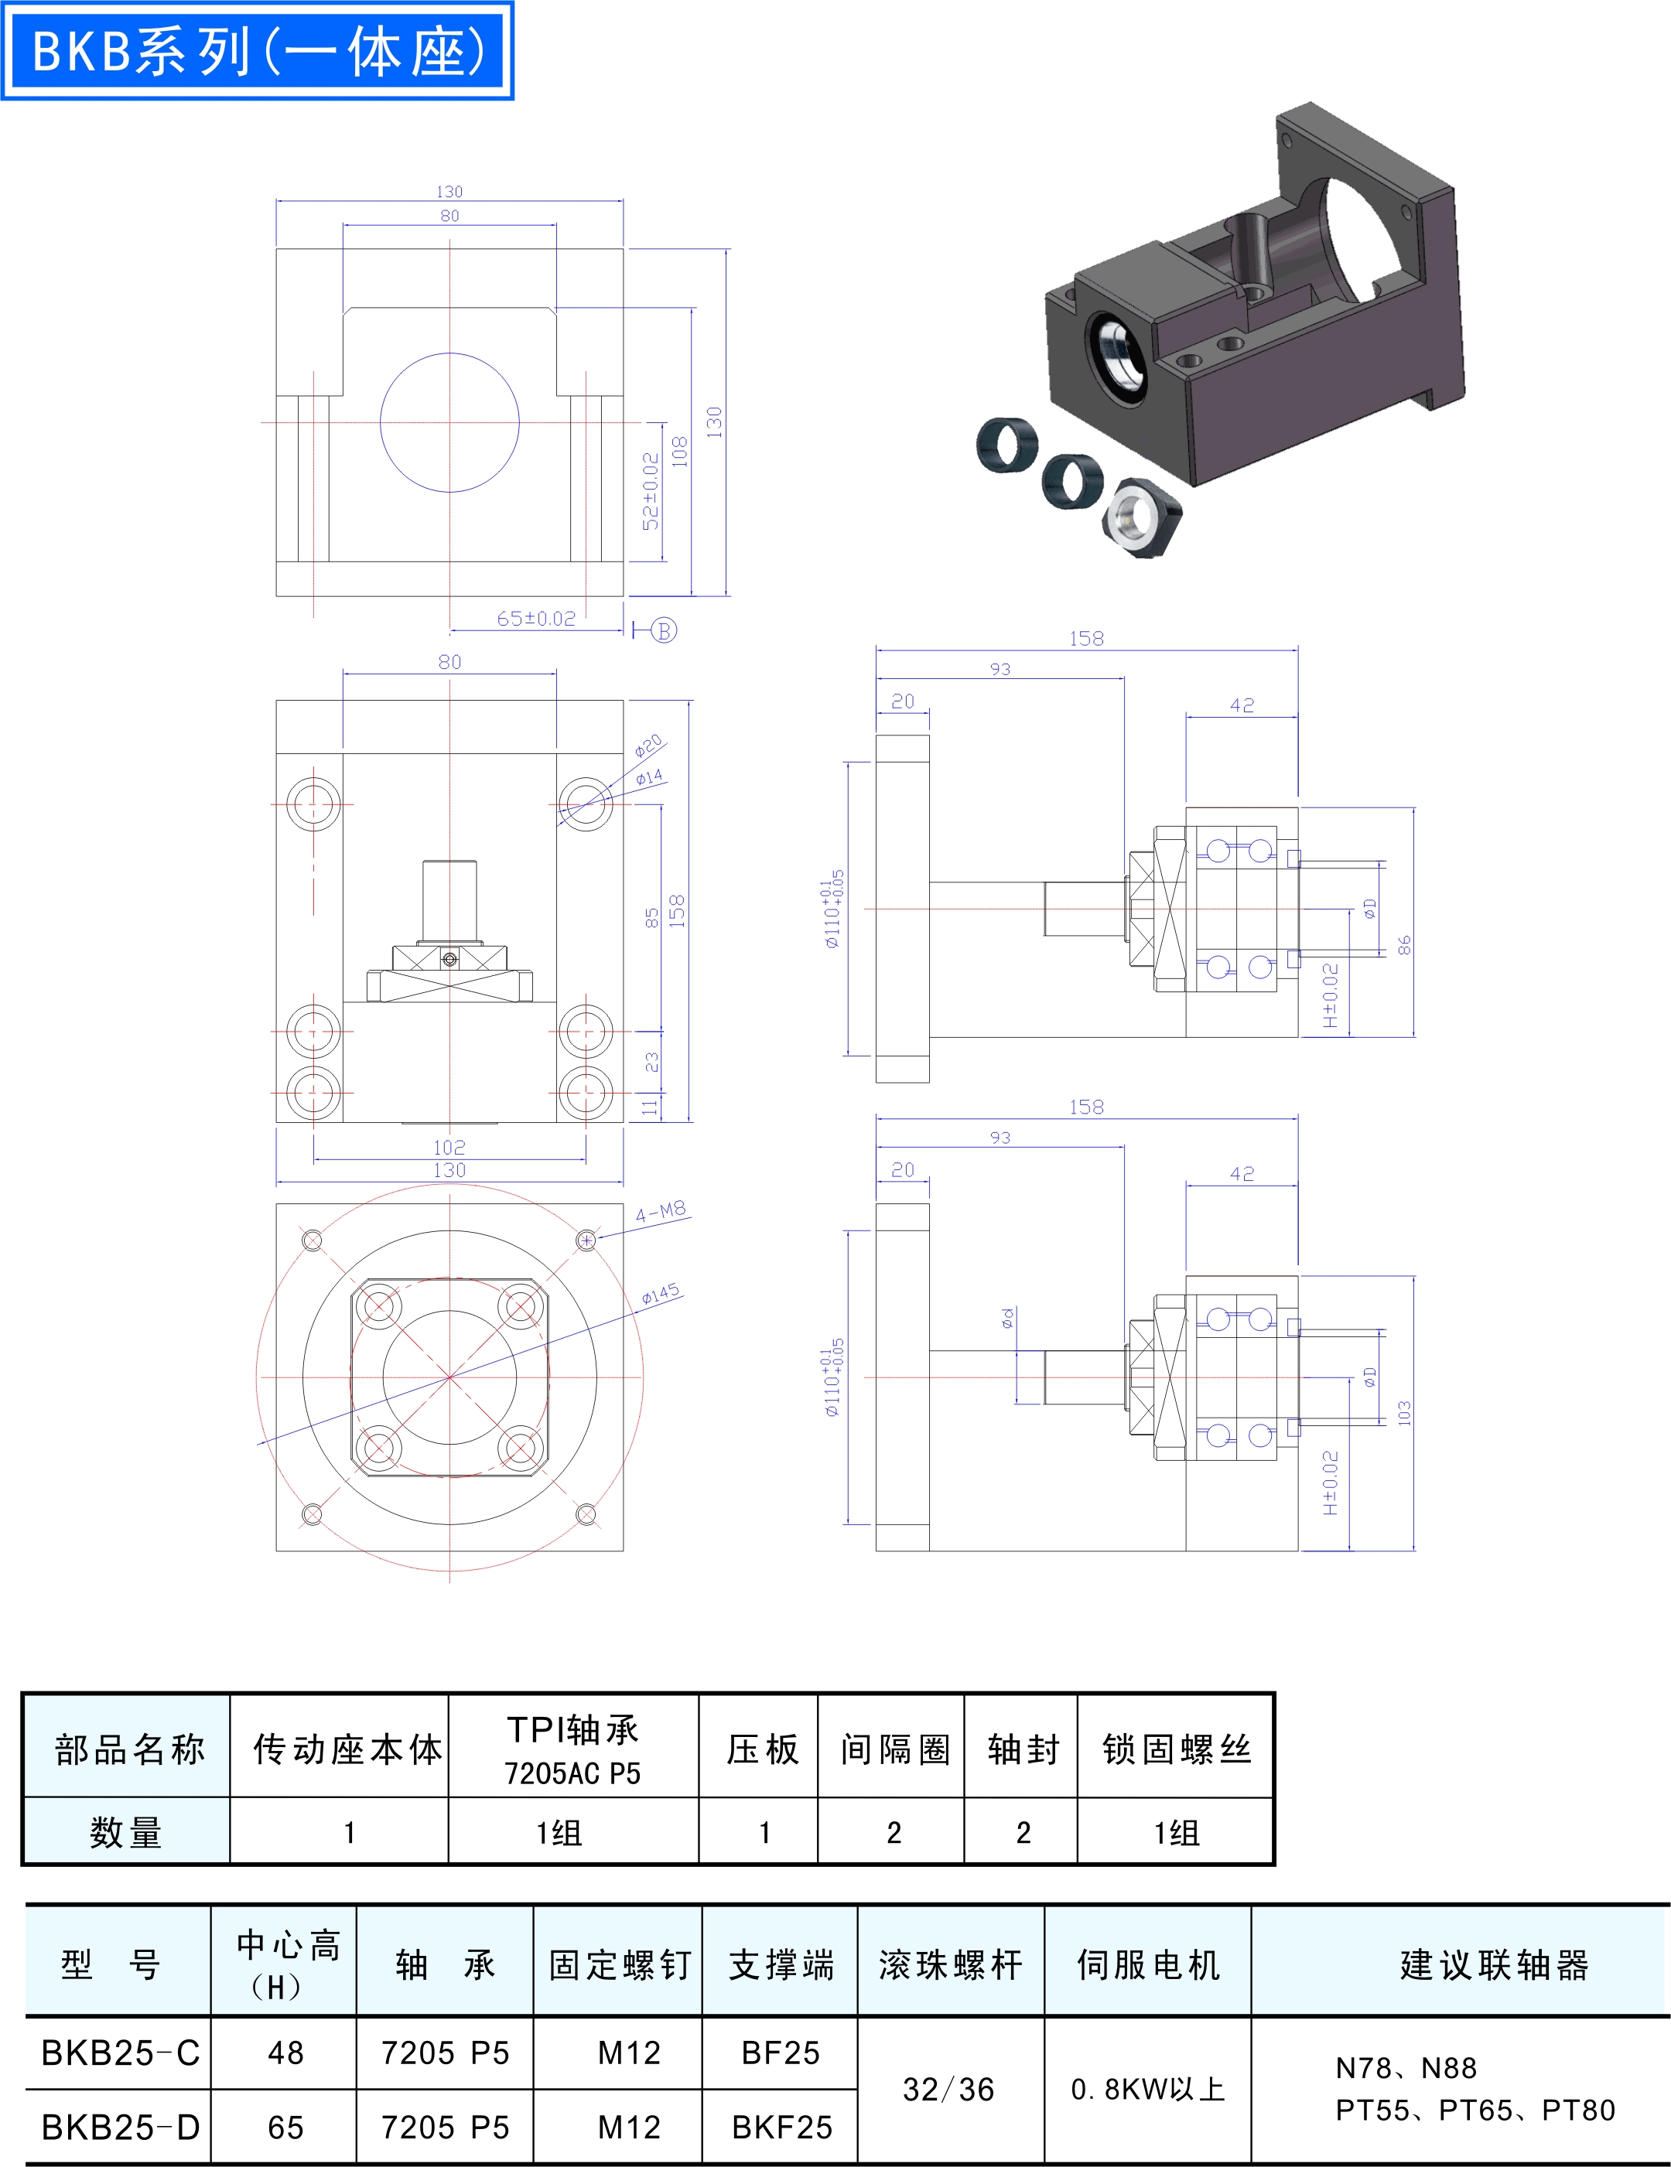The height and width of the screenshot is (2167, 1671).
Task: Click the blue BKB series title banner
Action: (257, 50)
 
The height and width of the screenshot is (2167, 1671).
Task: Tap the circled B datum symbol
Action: (664, 630)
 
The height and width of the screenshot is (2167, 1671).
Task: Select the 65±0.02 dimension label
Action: (537, 618)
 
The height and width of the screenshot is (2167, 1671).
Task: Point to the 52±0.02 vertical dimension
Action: (650, 492)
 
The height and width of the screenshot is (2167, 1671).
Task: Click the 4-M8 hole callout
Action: (661, 1212)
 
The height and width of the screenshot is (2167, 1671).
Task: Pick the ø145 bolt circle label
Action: (661, 1294)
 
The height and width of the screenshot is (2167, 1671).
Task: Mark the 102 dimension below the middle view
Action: (449, 1147)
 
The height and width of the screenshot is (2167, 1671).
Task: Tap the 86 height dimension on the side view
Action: (1404, 946)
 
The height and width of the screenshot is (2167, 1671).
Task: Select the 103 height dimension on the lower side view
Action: (1404, 1414)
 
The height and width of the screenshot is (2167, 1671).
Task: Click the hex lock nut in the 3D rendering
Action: (1142, 516)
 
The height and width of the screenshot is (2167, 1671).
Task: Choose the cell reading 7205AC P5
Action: (572, 1773)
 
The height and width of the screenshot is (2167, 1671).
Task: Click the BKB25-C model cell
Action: (120, 2052)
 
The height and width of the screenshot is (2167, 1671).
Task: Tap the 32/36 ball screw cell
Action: (948, 2090)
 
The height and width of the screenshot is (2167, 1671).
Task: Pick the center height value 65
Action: (285, 2128)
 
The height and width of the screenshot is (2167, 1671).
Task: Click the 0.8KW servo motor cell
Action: (1148, 2090)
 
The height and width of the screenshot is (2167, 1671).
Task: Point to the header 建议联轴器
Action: (1495, 1964)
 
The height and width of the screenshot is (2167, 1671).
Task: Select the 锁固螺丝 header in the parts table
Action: (1177, 1749)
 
